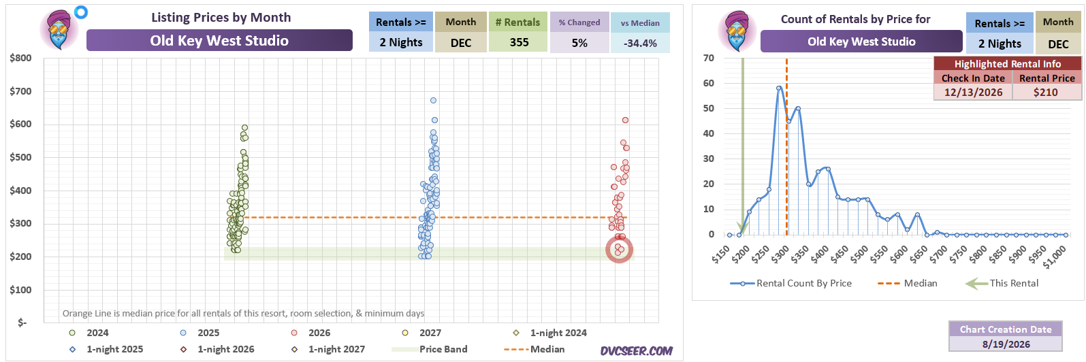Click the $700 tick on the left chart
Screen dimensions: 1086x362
pos(20,91)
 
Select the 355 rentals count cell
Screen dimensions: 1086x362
pos(519,43)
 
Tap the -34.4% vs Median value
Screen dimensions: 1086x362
pos(640,43)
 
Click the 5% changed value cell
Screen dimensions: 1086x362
pos(579,43)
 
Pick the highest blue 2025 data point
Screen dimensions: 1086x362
pos(434,100)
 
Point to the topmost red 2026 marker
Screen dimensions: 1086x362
pos(626,120)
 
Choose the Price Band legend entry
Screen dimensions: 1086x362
pos(430,349)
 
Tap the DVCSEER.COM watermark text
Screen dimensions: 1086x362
pos(636,351)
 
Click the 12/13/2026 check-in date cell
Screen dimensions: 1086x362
pos(973,92)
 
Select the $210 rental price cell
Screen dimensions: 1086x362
pos(1047,92)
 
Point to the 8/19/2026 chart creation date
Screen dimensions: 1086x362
pos(1006,344)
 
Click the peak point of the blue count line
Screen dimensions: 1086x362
pos(779,88)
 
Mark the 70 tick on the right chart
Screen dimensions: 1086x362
pos(708,58)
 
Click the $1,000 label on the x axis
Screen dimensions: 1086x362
pos(1055,257)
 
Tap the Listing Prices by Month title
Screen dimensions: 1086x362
pos(221,18)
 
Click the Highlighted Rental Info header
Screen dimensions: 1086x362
pos(1008,64)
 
